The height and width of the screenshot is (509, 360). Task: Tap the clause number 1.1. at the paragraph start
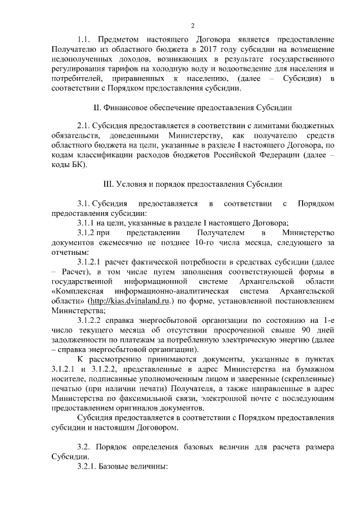click(x=84, y=39)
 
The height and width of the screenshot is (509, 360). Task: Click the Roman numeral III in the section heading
click(x=110, y=183)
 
